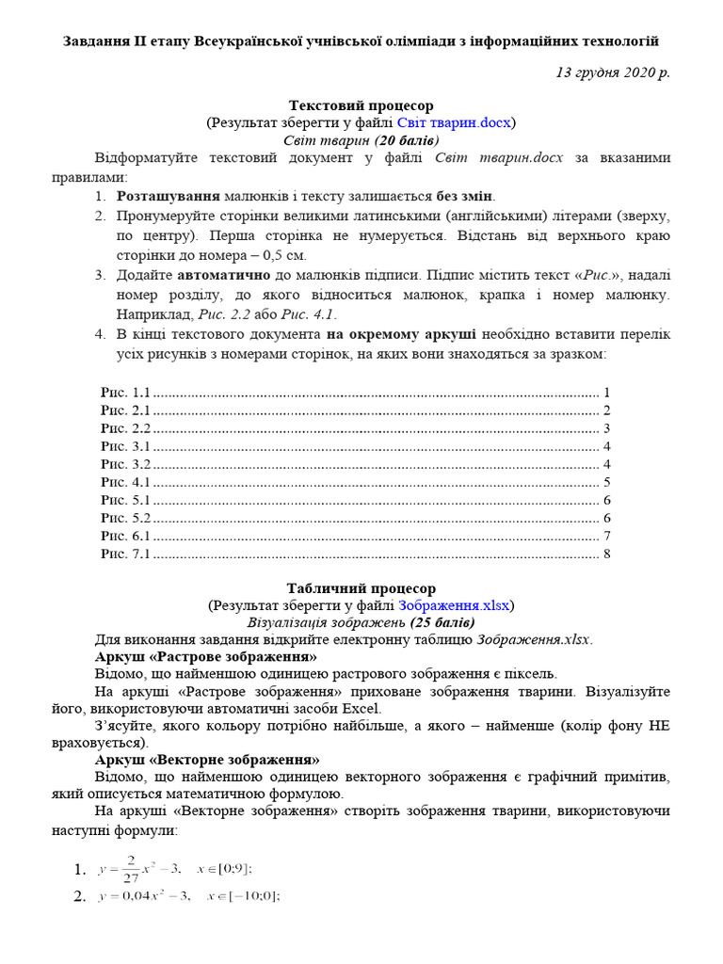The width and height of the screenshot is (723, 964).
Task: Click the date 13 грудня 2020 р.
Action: [x=614, y=72]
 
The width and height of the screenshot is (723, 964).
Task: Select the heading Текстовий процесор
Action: [x=361, y=105]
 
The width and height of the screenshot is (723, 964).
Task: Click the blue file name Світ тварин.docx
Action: [x=454, y=122]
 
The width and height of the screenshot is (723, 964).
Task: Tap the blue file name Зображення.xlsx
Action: [x=454, y=605]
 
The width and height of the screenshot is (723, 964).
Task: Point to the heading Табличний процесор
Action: [x=361, y=588]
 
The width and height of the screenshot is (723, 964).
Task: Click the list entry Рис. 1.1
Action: [x=125, y=393]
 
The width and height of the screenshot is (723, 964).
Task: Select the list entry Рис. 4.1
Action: [x=125, y=482]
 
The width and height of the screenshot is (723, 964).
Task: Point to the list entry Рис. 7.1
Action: [x=125, y=554]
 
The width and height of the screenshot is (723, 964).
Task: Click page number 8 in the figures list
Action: [x=607, y=554]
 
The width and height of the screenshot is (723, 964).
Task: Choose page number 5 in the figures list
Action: [x=607, y=482]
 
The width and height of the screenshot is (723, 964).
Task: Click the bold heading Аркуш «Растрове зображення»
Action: [x=206, y=656]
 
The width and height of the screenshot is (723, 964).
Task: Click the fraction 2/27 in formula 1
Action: [x=132, y=868]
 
